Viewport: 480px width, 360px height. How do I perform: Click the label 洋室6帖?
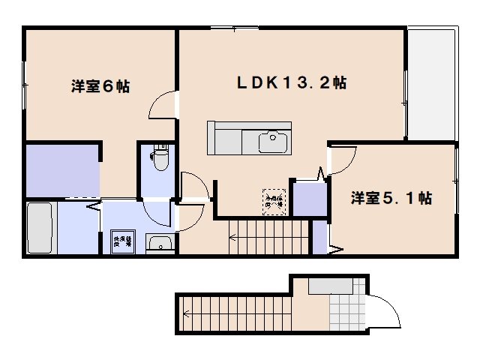coord(100,87)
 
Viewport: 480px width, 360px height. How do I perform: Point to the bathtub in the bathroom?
coord(39,228)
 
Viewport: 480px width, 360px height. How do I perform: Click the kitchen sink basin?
coord(273,140)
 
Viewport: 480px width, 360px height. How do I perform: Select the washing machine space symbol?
coord(121,241)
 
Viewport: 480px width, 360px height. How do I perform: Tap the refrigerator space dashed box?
coord(274,199)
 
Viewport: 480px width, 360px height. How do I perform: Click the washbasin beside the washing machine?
coord(159,243)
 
